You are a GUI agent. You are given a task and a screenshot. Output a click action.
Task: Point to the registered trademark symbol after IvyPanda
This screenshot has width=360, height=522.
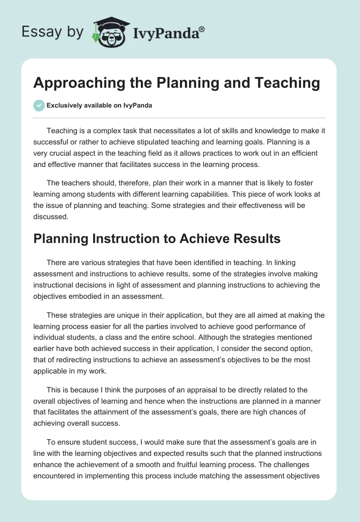tap(202, 29)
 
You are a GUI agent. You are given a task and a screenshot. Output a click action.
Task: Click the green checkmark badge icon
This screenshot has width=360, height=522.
tap(39, 105)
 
